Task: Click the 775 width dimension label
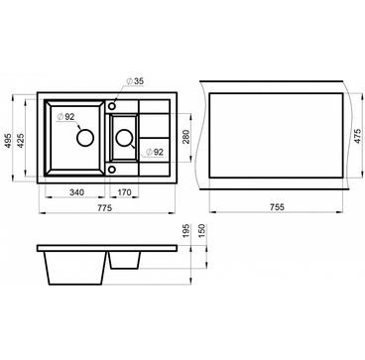[105, 208]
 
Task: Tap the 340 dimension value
[76, 192]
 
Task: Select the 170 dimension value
[124, 192]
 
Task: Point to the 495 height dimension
[8, 141]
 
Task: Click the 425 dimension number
[21, 141]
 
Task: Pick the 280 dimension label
[186, 137]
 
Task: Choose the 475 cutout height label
[357, 136]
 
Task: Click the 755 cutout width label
[276, 207]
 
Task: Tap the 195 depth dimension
[185, 231]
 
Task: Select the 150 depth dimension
[202, 231]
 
